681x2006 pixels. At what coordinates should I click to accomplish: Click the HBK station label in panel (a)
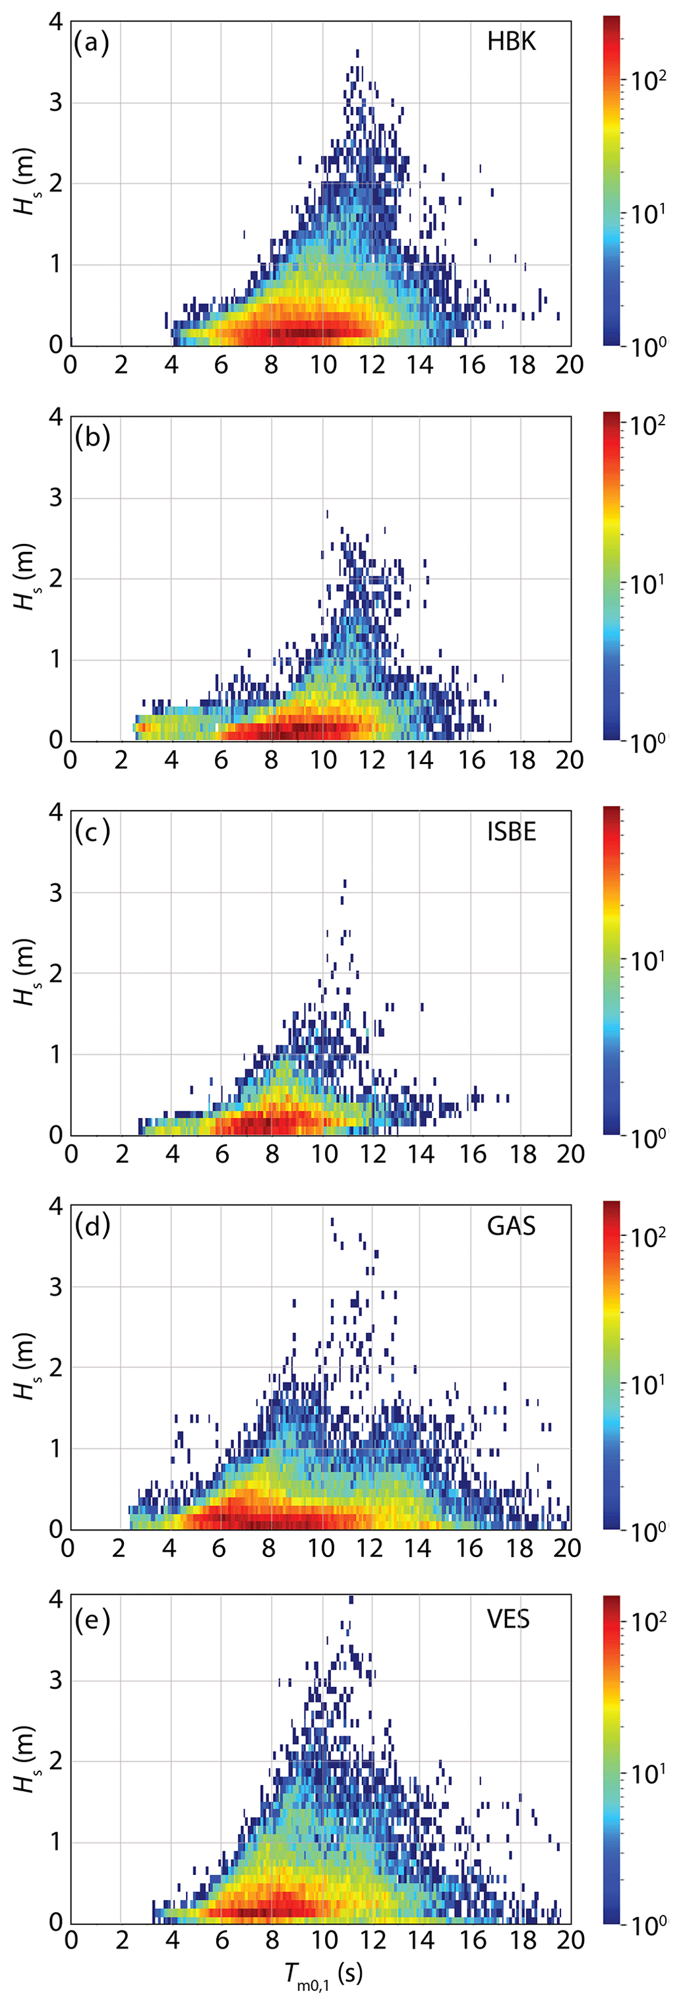(511, 42)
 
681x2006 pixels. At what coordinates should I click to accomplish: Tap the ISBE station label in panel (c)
(511, 832)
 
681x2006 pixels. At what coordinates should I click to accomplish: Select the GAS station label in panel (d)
(511, 1227)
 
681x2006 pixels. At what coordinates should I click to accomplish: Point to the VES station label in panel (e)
(508, 1620)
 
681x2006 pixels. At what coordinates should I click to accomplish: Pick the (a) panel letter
(91, 42)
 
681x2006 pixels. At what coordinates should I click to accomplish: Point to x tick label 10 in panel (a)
(322, 365)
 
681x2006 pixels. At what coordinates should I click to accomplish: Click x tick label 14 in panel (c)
(421, 1154)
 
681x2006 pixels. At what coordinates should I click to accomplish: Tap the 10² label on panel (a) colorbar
(648, 78)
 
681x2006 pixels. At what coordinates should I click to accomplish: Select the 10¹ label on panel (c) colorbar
(648, 961)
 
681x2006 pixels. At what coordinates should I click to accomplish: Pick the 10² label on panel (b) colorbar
(648, 425)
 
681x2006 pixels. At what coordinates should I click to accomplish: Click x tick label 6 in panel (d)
(219, 1548)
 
